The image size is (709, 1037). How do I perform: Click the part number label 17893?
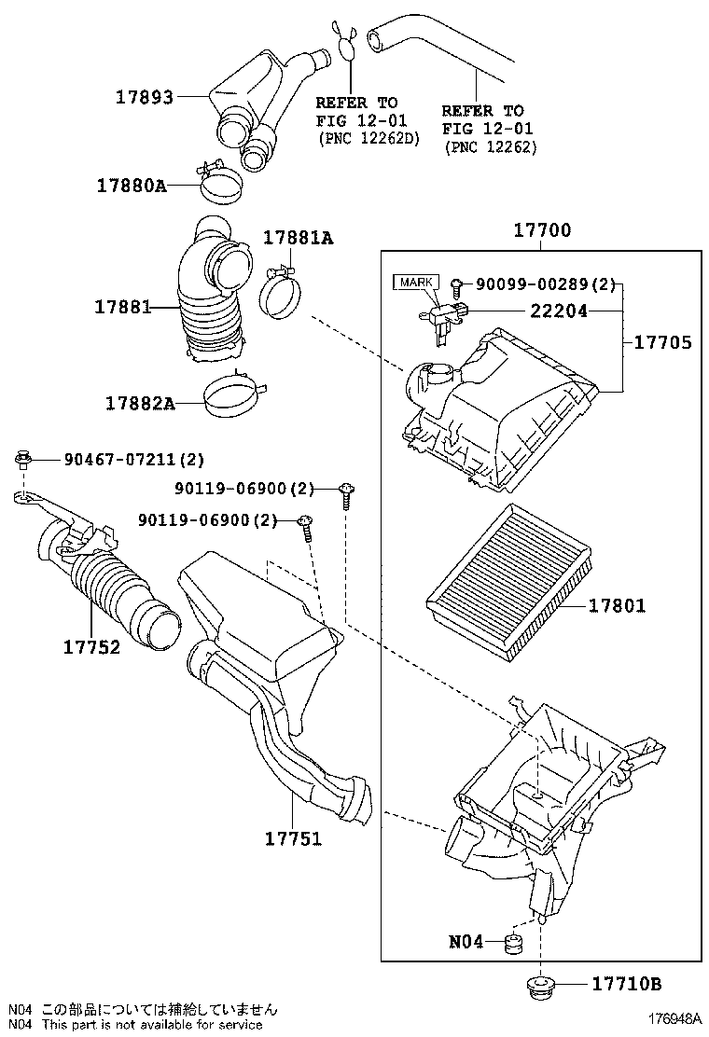pos(145,97)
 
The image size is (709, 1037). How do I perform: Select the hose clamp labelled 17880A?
pos(220,182)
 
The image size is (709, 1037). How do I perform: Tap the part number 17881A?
pos(299,238)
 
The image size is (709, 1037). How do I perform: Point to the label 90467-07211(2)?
pos(134,459)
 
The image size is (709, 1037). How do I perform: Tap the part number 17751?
pos(293,838)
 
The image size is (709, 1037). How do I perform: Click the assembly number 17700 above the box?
pos(542,230)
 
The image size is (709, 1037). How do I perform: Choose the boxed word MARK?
pos(416,283)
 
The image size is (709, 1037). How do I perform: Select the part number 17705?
pos(662,342)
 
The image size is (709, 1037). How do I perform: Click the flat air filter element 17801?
pos(507,581)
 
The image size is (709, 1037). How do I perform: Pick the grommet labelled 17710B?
pos(542,985)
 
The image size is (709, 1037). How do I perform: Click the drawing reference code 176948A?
pos(674,1017)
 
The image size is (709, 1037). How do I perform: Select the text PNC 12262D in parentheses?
pos(369,139)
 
